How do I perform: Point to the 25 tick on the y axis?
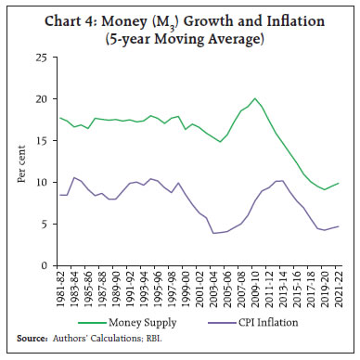tap(42, 58)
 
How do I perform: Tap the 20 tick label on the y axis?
tap(42, 99)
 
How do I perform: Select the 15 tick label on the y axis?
tap(42, 141)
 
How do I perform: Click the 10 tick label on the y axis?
tap(42, 183)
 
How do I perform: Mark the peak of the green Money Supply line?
tap(255, 98)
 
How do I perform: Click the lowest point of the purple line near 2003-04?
tap(214, 233)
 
